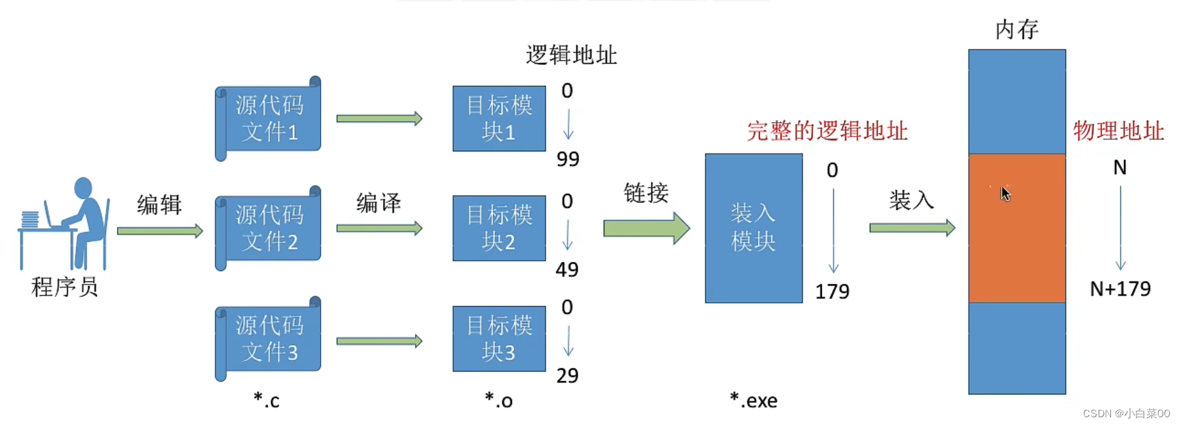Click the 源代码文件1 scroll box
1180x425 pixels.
coord(268,118)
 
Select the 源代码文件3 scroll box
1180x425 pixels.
coord(268,339)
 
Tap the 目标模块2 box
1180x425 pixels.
coord(499,228)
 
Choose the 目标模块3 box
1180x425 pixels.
coord(499,339)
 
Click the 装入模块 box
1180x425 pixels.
coord(754,228)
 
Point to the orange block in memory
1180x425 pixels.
coord(1017,228)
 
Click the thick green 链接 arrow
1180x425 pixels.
coord(647,228)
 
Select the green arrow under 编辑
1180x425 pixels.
coord(160,231)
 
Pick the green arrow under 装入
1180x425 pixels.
coord(912,227)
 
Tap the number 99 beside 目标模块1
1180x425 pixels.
coord(568,159)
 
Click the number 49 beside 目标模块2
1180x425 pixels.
coord(567,270)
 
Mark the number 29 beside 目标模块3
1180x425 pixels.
coord(567,376)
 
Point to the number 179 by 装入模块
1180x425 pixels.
coord(833,292)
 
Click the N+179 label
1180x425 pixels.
coord(1120,289)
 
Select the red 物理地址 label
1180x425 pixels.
coord(1118,131)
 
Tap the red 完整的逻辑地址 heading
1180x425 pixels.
coord(827,131)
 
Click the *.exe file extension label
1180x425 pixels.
coord(754,400)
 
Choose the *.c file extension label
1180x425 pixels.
coord(267,400)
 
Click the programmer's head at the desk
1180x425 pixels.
coord(83,188)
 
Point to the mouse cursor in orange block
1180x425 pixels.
coord(1006,194)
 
